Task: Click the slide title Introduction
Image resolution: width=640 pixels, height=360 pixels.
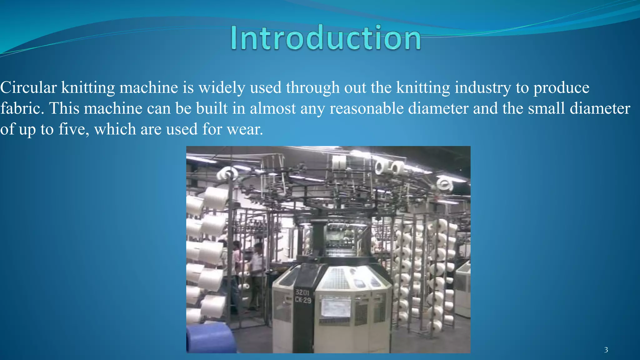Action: pyautogui.click(x=326, y=38)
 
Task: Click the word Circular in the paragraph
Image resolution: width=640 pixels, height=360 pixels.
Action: pyautogui.click(x=28, y=87)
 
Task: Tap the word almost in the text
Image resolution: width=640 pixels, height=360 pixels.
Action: pyautogui.click(x=272, y=108)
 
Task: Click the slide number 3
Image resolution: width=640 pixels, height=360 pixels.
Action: pyautogui.click(x=606, y=350)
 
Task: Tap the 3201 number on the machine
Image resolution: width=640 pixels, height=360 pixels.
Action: pyautogui.click(x=302, y=292)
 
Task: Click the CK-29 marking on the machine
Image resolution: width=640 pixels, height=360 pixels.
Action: pyautogui.click(x=303, y=300)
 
